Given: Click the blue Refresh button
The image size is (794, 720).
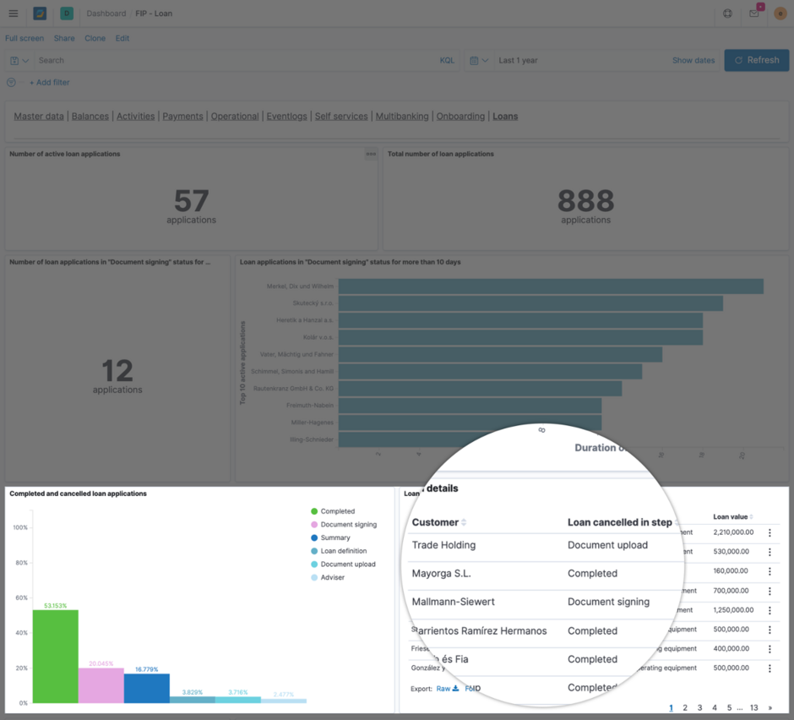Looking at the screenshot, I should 756,60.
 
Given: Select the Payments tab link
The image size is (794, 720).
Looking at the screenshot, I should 182,117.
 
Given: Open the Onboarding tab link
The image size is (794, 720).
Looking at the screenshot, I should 460,117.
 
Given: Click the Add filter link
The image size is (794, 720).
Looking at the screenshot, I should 49,83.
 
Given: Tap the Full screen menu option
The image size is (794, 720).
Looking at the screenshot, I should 24,38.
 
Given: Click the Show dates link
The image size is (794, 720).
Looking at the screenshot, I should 693,61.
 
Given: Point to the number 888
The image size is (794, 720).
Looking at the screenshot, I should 585,201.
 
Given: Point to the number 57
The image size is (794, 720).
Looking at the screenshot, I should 191,201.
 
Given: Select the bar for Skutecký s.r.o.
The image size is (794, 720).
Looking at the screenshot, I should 530,303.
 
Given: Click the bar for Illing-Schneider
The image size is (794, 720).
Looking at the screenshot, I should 469,439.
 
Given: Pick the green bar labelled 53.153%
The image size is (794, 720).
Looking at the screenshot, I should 56,656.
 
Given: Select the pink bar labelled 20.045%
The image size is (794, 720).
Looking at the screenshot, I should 101,685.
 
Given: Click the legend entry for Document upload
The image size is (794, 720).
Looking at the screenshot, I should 347,565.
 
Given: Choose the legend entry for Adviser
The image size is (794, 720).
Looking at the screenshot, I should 332,578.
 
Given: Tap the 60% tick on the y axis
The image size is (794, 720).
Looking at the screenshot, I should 20,597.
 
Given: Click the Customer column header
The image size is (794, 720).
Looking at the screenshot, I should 435,522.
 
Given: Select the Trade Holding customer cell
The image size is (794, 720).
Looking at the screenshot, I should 443,545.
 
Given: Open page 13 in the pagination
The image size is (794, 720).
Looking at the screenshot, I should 753,708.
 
